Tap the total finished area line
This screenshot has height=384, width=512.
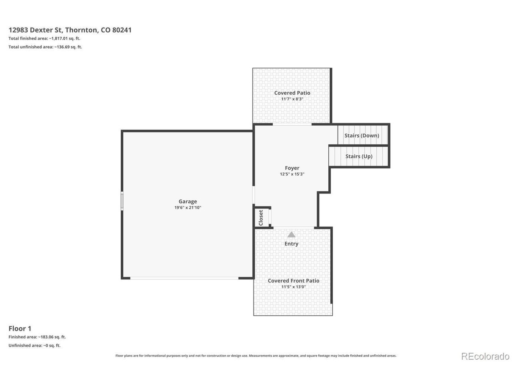[x=44, y=38]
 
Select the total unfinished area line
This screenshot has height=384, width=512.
[x=45, y=47]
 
